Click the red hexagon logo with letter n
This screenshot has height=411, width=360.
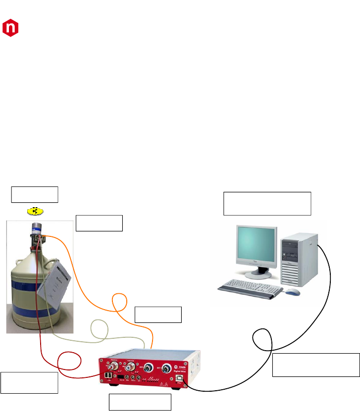[x=10, y=28]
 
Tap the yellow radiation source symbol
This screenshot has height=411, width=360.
[x=35, y=211]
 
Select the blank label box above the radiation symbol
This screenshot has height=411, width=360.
[x=35, y=194]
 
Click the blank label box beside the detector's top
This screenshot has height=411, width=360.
[x=99, y=223]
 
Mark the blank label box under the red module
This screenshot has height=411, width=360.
[x=140, y=402]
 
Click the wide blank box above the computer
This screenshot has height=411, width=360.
[x=267, y=203]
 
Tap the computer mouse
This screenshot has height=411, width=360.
[x=293, y=292]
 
